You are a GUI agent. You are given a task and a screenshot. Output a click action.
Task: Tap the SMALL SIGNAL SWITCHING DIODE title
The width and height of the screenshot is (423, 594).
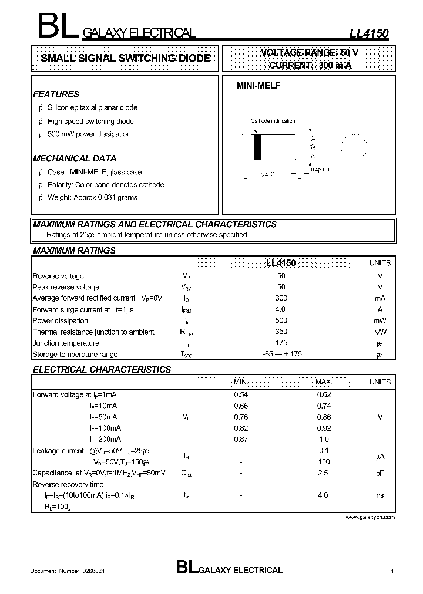pos(125,58)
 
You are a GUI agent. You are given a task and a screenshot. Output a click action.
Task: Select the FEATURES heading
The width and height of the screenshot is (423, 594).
pos(56,94)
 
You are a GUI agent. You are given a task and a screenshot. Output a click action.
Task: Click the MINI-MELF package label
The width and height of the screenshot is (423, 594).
pos(258,86)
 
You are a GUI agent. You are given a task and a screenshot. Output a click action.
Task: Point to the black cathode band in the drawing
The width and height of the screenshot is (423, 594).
pos(257,147)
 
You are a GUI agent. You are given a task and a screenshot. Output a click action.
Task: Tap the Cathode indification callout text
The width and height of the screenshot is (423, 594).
pos(273,121)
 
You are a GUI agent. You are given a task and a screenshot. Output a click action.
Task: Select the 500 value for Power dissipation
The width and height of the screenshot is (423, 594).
pos(281,320)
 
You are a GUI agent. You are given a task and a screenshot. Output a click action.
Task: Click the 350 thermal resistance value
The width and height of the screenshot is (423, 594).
pos(281,332)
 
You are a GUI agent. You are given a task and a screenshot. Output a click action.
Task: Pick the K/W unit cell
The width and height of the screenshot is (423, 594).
pos(380,332)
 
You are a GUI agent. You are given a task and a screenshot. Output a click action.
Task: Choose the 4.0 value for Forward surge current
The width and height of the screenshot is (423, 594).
pos(280,309)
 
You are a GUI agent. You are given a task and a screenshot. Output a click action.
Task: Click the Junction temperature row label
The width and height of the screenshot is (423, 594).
pos(66,343)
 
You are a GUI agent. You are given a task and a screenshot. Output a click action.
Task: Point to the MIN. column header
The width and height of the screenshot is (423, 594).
pos(241,382)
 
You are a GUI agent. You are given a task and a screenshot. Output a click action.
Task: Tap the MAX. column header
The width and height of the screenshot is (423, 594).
pos(324,382)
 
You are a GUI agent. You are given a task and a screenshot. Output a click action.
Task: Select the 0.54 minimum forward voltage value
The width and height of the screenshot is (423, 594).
pos(241,394)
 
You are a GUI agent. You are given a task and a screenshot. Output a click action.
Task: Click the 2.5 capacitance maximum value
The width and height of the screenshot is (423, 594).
pos(324,473)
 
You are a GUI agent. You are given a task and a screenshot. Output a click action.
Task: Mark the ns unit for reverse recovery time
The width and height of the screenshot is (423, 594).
pos(380,495)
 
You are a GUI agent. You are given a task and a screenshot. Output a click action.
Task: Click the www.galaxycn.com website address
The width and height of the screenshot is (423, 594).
pos(370,517)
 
